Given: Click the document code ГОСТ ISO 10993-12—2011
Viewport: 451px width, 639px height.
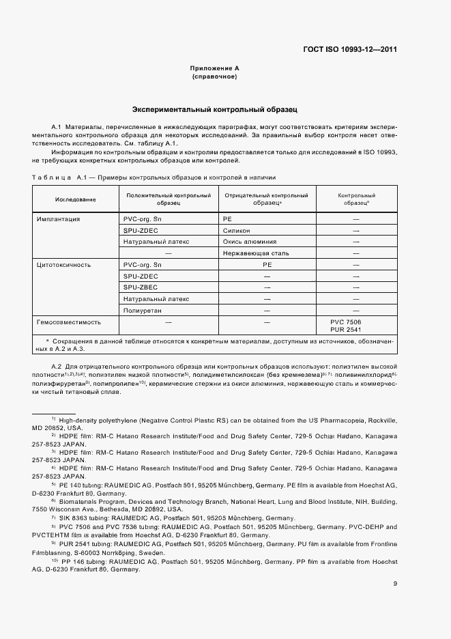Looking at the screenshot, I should (350, 50).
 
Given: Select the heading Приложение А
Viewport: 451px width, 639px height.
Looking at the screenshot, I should (214, 69).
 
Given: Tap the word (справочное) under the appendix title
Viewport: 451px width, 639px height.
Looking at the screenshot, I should (214, 76).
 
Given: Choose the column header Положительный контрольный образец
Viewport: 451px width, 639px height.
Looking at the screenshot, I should (167, 199).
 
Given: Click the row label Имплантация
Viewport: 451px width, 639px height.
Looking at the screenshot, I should (59, 220).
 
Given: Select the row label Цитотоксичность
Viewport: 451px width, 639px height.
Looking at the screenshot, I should (63, 264).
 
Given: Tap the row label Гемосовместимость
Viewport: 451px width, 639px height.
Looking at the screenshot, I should (68, 321).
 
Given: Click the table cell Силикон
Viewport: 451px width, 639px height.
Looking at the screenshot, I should (236, 231).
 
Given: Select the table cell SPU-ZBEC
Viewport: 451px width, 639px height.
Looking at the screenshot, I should (141, 287).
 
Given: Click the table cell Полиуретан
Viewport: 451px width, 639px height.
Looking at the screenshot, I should (143, 310).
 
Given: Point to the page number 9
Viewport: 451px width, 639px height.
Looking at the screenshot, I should (395, 582).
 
